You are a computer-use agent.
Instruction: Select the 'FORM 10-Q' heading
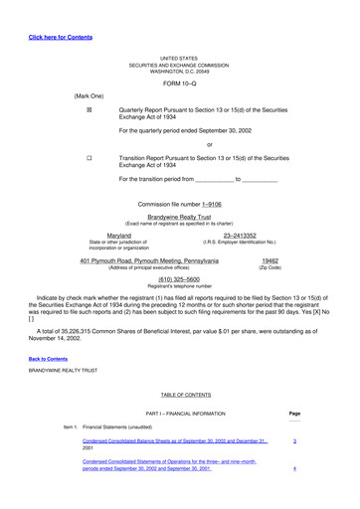tap(179, 82)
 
